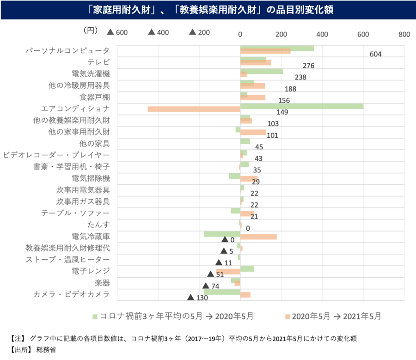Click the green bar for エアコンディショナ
point(301,106)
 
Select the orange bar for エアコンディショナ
point(194,109)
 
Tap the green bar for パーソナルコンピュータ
point(277,48)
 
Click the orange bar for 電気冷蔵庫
point(258,237)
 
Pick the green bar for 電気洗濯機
point(261,71)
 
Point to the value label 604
point(375,54)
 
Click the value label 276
point(308,66)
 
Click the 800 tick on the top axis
point(404,34)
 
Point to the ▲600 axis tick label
point(117,32)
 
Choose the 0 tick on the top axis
point(240,34)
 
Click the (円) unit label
point(91,31)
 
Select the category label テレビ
point(98,62)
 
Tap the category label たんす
point(98,225)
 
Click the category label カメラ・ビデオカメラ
point(72,294)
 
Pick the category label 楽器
point(102,282)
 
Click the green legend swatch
point(95,317)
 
